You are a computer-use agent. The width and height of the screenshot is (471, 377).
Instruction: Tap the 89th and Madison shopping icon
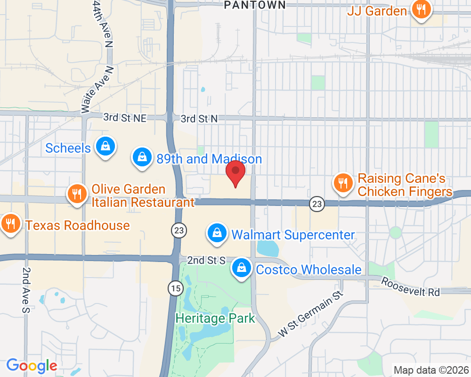(x=141, y=158)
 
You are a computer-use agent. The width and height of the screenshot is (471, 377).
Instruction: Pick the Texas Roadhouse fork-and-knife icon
(x=9, y=223)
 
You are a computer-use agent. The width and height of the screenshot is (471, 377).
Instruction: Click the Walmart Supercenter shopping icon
(x=216, y=233)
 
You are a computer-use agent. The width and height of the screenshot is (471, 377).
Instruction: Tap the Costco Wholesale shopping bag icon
(x=241, y=268)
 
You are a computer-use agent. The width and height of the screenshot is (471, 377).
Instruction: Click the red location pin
(x=235, y=172)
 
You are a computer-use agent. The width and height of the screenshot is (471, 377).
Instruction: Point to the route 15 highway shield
(x=175, y=288)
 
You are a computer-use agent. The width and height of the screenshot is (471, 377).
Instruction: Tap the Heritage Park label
(x=215, y=318)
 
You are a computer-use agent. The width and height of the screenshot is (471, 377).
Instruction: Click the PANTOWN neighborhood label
(x=254, y=5)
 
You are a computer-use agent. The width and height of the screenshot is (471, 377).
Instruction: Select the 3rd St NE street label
(x=125, y=118)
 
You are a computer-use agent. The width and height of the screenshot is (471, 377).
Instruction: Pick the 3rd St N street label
(x=199, y=119)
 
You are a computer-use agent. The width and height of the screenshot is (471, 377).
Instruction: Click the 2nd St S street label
(x=206, y=260)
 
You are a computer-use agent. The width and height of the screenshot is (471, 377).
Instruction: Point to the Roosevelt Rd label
(x=410, y=287)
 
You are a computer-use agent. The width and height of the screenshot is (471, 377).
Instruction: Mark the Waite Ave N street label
(x=98, y=89)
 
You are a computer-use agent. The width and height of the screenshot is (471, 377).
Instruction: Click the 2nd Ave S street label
(x=25, y=290)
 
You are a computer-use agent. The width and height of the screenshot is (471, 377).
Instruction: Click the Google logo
(x=32, y=366)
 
